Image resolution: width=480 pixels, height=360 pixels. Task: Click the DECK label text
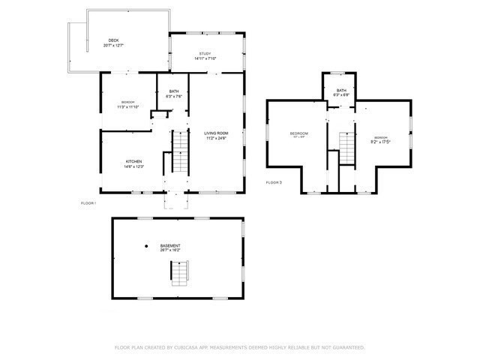[x=113, y=40]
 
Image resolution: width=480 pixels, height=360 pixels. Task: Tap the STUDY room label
[x=205, y=53]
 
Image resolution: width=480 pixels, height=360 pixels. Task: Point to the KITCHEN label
[x=133, y=161]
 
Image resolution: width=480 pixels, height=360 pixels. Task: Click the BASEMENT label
[x=169, y=246]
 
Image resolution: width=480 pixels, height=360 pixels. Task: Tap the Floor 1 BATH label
[x=173, y=91]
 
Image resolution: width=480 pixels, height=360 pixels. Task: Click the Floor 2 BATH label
[x=341, y=90]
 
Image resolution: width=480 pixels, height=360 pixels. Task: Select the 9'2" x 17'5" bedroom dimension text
[x=381, y=141]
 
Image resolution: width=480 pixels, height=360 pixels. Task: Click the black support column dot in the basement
[x=146, y=246]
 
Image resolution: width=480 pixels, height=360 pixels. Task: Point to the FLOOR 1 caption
[x=88, y=203]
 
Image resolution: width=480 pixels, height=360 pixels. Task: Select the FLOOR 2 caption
[x=274, y=182]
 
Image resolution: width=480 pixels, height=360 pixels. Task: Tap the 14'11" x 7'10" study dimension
[x=205, y=58]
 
